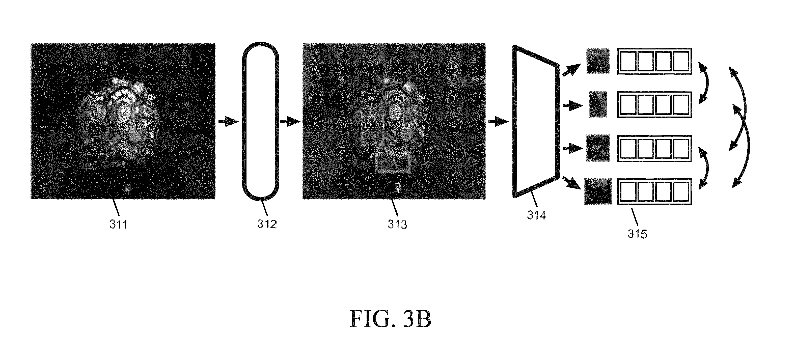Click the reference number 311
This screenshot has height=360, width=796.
(x=118, y=224)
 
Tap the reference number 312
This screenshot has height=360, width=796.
(x=267, y=224)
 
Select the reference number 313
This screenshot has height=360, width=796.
(x=397, y=224)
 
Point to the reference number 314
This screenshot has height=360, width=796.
(x=536, y=215)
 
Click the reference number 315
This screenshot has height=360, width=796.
(x=637, y=234)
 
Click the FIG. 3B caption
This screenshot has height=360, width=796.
(x=390, y=319)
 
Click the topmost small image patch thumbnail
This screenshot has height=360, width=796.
(x=598, y=61)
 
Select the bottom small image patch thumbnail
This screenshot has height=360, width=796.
(x=598, y=191)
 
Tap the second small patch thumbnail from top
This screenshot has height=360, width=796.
(x=598, y=104)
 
